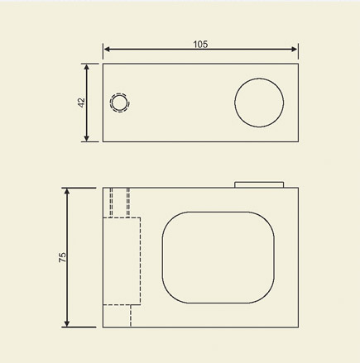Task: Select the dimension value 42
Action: pos(80,102)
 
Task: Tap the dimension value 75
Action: pos(62,257)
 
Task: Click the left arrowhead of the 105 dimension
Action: pos(106,50)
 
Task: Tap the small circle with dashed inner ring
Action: pos(119,103)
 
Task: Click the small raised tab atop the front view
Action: pos(260,184)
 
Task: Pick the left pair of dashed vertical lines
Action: pos(112,202)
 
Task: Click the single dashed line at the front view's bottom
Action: pos(131,315)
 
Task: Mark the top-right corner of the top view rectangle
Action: pos(297,61)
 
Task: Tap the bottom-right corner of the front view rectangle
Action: pos(297,327)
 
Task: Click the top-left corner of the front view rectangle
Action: pos(103,188)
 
